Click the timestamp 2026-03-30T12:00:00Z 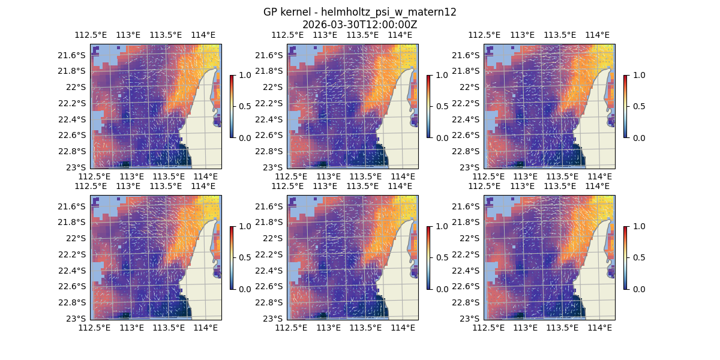pyautogui.click(x=360, y=25)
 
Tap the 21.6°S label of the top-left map pyautogui.click(x=75, y=55)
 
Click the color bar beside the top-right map pyautogui.click(x=626, y=106)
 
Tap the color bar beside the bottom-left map pyautogui.click(x=232, y=257)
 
